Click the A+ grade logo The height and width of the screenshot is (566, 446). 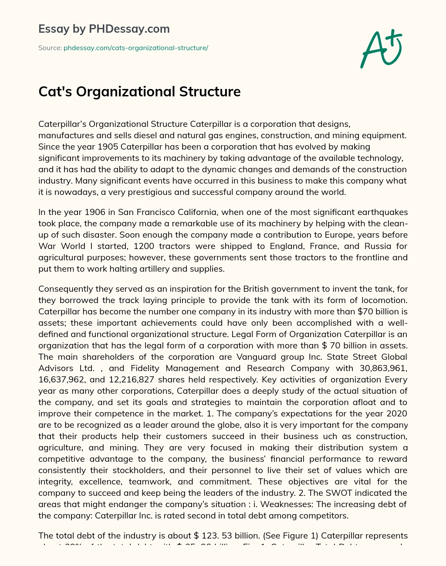tap(381, 48)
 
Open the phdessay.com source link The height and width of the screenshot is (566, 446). tap(136, 48)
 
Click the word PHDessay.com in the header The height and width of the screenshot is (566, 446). tap(129, 29)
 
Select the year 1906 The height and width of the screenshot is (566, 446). tap(96, 212)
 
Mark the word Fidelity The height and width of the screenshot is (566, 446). tap(143, 368)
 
